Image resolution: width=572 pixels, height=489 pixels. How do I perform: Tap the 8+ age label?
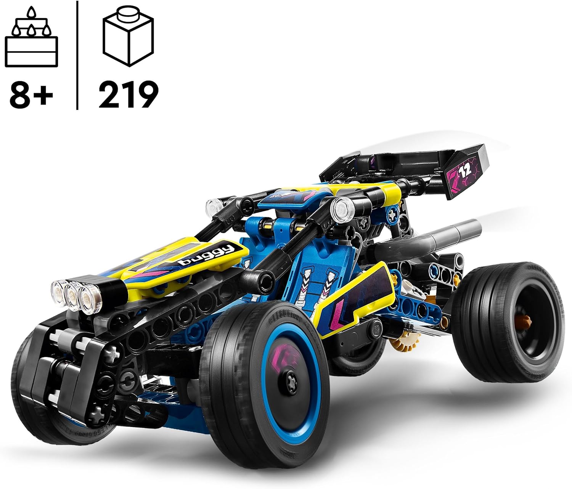31,93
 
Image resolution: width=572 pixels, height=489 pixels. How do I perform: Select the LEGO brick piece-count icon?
128,38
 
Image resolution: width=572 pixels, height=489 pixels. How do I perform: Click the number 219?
128,94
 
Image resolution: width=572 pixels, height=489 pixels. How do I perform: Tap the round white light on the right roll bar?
340,209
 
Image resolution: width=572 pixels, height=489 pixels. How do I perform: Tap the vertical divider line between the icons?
78,55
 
